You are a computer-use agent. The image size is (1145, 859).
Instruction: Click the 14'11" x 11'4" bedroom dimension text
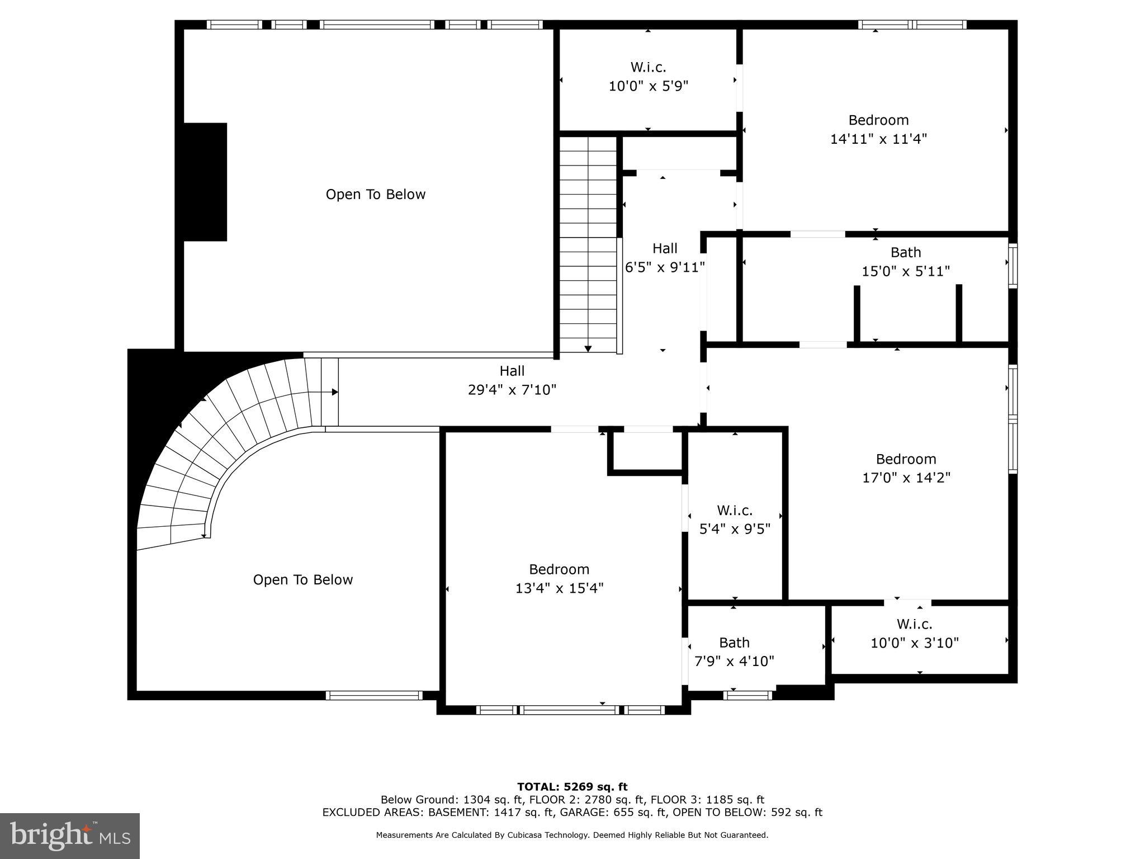point(878,139)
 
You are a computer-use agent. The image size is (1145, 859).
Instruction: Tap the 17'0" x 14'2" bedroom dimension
point(906,478)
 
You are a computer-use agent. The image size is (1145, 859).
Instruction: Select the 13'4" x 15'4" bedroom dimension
point(559,588)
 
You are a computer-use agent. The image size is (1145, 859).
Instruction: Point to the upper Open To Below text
point(375,195)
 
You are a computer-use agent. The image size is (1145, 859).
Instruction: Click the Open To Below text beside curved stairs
point(302,580)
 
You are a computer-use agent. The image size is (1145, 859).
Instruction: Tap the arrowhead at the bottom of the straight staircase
point(588,349)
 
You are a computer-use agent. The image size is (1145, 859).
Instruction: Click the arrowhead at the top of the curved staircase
point(334,392)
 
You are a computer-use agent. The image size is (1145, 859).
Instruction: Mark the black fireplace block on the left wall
point(205,182)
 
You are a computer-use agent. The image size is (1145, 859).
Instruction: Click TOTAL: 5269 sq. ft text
point(572,787)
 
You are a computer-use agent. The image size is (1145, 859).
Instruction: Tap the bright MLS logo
point(70,836)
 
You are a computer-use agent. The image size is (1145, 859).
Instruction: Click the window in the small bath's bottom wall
point(747,695)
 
